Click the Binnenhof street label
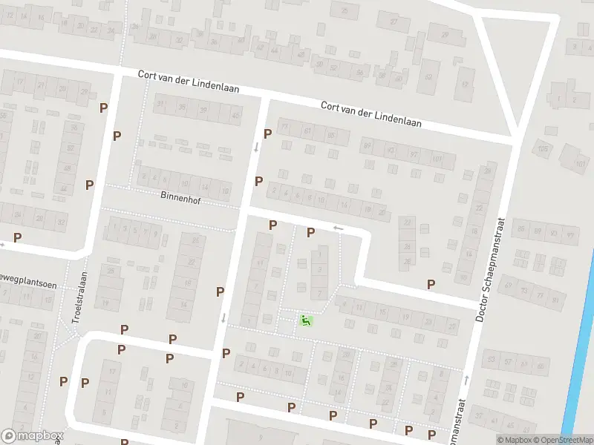[180, 199]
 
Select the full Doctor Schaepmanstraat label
[490, 269]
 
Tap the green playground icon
[305, 320]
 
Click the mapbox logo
[32, 436]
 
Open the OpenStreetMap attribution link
[563, 439]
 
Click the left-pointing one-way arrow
[339, 228]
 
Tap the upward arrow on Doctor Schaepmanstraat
[466, 380]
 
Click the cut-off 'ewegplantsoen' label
[28, 286]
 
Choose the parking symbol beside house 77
[268, 133]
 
